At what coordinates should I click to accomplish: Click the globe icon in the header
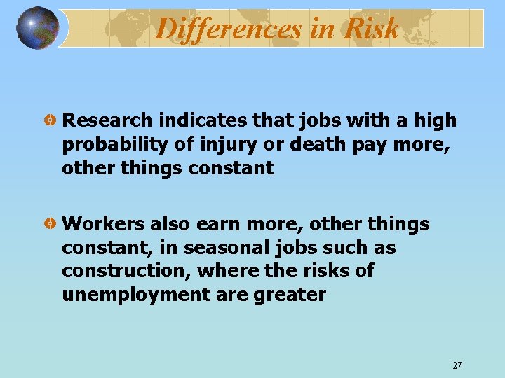(x=37, y=28)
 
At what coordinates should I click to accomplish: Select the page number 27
(x=457, y=365)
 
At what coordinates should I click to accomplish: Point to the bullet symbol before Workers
(x=50, y=225)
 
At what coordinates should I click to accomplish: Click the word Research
(x=108, y=121)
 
